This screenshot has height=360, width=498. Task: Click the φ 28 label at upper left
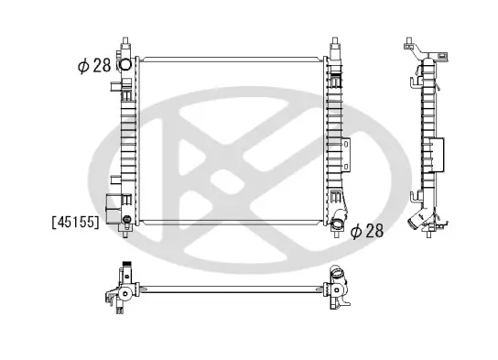pyautogui.click(x=94, y=66)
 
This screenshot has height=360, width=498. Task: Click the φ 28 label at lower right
pyautogui.click(x=367, y=230)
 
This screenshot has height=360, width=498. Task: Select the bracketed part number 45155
pyautogui.click(x=76, y=222)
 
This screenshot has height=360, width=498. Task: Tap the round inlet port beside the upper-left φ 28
pyautogui.click(x=124, y=65)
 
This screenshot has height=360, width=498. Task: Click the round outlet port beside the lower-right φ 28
pyautogui.click(x=337, y=224)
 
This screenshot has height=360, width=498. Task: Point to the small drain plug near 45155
pyautogui.click(x=126, y=219)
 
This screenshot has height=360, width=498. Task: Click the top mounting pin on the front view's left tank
pyautogui.click(x=125, y=40)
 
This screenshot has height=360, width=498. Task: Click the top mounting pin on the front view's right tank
pyautogui.click(x=335, y=40)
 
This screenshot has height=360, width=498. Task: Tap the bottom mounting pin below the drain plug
pyautogui.click(x=126, y=235)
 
